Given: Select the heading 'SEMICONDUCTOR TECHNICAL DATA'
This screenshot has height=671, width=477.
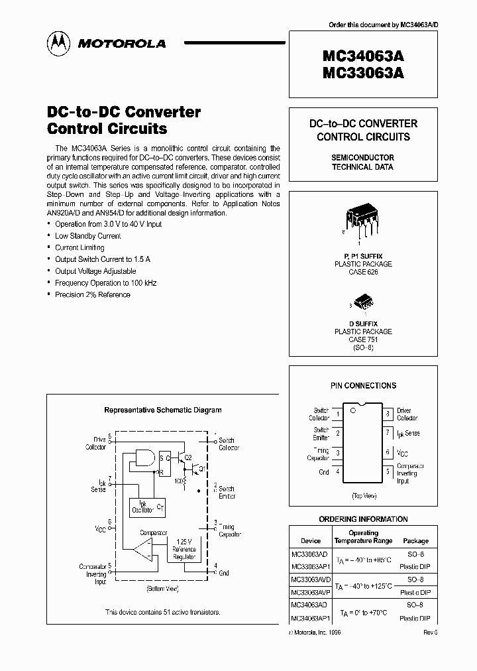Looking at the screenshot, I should coord(362,162).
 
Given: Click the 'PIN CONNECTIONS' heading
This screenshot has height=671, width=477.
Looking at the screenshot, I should coord(363,385).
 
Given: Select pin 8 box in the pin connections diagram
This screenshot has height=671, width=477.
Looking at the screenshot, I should coord(387,414).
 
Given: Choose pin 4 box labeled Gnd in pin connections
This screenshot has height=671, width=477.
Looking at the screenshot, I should coord(338,471).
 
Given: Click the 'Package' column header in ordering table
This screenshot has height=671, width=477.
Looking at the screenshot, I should coord(415,541).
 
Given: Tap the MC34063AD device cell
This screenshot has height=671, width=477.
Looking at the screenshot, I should coord(309,605).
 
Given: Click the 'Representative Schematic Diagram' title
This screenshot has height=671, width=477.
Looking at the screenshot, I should coord(163,410).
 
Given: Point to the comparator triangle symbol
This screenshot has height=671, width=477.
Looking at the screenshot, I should coord(142,548).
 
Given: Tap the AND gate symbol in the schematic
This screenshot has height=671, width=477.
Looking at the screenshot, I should coord(144,457).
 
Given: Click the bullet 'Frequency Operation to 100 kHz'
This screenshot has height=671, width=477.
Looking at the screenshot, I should coord(106,283).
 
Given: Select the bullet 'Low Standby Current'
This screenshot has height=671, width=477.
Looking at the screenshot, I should coord(88,236).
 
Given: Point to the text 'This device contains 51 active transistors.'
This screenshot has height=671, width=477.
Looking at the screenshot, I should coord(162,612).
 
